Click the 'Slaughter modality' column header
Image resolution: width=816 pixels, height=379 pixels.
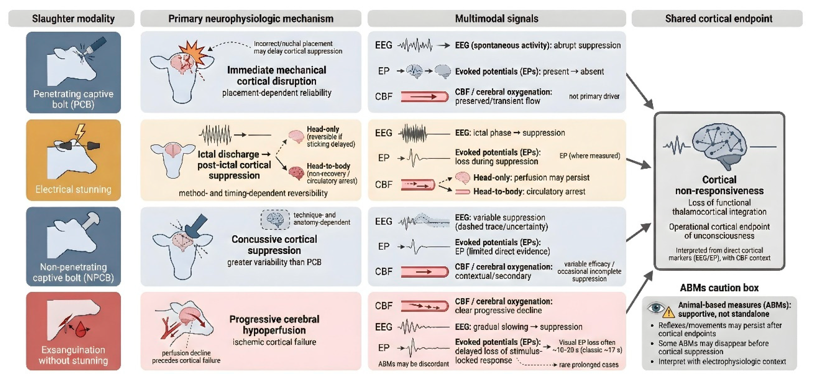pos(73,18)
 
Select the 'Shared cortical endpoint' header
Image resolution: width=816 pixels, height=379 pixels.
pos(719,18)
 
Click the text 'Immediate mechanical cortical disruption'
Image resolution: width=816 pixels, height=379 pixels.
pos(277,75)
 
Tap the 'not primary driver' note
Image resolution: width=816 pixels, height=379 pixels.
pos(594,96)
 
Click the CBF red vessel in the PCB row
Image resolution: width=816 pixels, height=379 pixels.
pos(424,96)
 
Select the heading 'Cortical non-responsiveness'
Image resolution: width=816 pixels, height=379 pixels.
pos(719,185)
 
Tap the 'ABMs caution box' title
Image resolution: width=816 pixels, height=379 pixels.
pos(719,288)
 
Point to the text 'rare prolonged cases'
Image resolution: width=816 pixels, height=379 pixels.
pos(589,365)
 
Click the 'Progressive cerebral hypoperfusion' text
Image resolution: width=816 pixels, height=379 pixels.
pos(274,325)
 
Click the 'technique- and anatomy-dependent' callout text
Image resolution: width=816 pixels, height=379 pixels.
pos(321,219)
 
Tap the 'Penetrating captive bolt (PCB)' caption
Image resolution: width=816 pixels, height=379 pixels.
pos(73,99)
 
